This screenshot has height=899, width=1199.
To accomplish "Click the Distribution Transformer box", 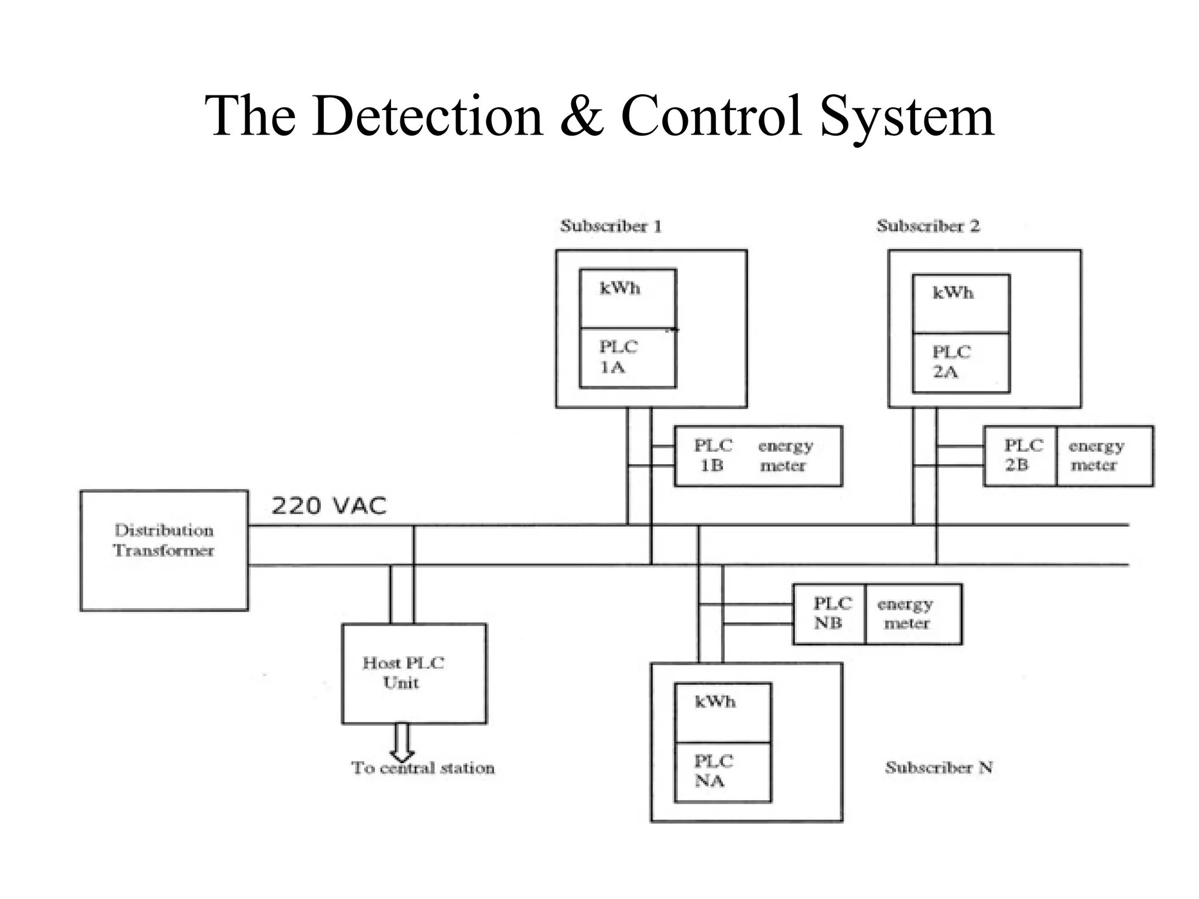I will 164,550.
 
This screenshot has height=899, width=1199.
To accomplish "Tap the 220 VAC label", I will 329,506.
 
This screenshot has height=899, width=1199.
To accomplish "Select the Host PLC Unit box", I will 414,673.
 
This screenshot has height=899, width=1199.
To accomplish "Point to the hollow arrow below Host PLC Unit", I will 402,742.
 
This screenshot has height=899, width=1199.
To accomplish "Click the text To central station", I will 423,768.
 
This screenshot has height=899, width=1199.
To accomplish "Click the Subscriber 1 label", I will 611,226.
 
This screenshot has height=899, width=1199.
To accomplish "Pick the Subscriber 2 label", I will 928,226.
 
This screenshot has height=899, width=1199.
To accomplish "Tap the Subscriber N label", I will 938,767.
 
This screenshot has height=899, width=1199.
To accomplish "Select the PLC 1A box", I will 628,358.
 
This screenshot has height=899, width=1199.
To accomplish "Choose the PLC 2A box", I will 961,362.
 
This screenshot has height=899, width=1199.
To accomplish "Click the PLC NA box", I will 722,771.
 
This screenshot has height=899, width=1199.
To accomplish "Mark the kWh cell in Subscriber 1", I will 628,298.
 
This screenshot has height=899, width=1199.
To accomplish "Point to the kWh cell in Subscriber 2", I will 961,303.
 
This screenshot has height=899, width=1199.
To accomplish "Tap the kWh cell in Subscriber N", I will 722,712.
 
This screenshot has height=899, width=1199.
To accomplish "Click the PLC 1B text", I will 712,456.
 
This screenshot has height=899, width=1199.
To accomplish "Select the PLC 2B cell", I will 1020,456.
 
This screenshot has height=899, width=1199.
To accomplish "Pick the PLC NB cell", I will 829,613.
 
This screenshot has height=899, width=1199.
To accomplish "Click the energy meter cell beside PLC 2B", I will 1104,456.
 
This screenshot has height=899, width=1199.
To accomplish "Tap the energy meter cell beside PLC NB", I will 913,613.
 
